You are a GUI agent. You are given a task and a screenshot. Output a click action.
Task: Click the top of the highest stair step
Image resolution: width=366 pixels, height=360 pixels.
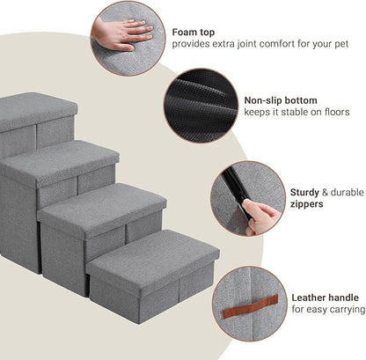(35, 107)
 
